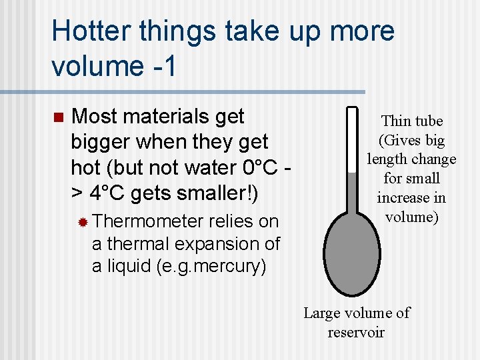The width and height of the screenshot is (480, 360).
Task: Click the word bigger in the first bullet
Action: click(102, 142)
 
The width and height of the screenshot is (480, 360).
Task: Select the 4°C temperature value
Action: click(107, 193)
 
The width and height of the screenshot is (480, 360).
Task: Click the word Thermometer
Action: click(148, 221)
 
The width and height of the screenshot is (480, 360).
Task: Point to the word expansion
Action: click(209, 244)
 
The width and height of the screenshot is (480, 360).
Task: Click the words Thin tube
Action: click(411, 121)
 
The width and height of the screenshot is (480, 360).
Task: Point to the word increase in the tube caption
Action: click(402, 198)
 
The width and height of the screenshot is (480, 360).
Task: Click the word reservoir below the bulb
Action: click(356, 332)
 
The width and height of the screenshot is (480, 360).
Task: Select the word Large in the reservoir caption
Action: click(323, 313)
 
